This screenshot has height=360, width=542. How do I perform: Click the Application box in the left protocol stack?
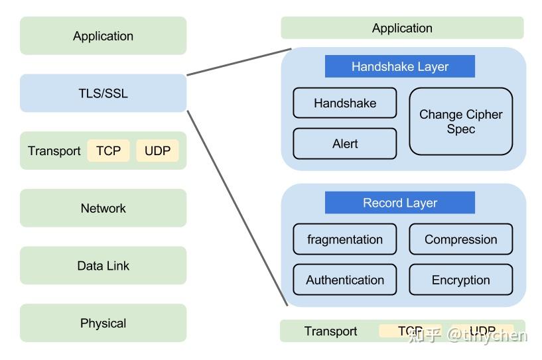coord(103,36)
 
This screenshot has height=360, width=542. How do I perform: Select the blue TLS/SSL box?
coord(103,93)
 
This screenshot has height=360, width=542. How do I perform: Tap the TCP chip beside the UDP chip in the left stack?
coord(108,150)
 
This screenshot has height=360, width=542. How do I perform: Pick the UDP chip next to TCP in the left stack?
coord(157,150)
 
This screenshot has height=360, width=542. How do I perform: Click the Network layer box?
coord(103,208)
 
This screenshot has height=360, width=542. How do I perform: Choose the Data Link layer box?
coord(103,266)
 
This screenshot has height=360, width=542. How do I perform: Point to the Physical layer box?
coord(103,324)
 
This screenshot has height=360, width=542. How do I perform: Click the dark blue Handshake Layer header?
coord(399,66)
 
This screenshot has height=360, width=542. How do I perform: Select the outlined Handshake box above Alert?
coord(344,103)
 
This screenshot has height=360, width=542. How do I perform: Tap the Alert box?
coord(344,144)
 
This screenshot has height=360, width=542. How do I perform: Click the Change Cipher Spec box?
coord(460,122)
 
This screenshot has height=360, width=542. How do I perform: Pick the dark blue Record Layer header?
coord(399,203)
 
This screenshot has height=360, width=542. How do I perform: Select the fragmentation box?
coord(344,239)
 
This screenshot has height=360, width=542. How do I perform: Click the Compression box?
coord(460,239)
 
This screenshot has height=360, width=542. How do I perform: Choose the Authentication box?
coord(344,280)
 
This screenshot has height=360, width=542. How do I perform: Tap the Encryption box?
coord(460,280)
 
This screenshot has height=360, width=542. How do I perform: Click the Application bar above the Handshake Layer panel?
coord(402,28)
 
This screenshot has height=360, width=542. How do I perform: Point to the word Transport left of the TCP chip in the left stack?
coord(54,151)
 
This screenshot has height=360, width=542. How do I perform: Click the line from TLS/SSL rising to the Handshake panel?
coord(239,62)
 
